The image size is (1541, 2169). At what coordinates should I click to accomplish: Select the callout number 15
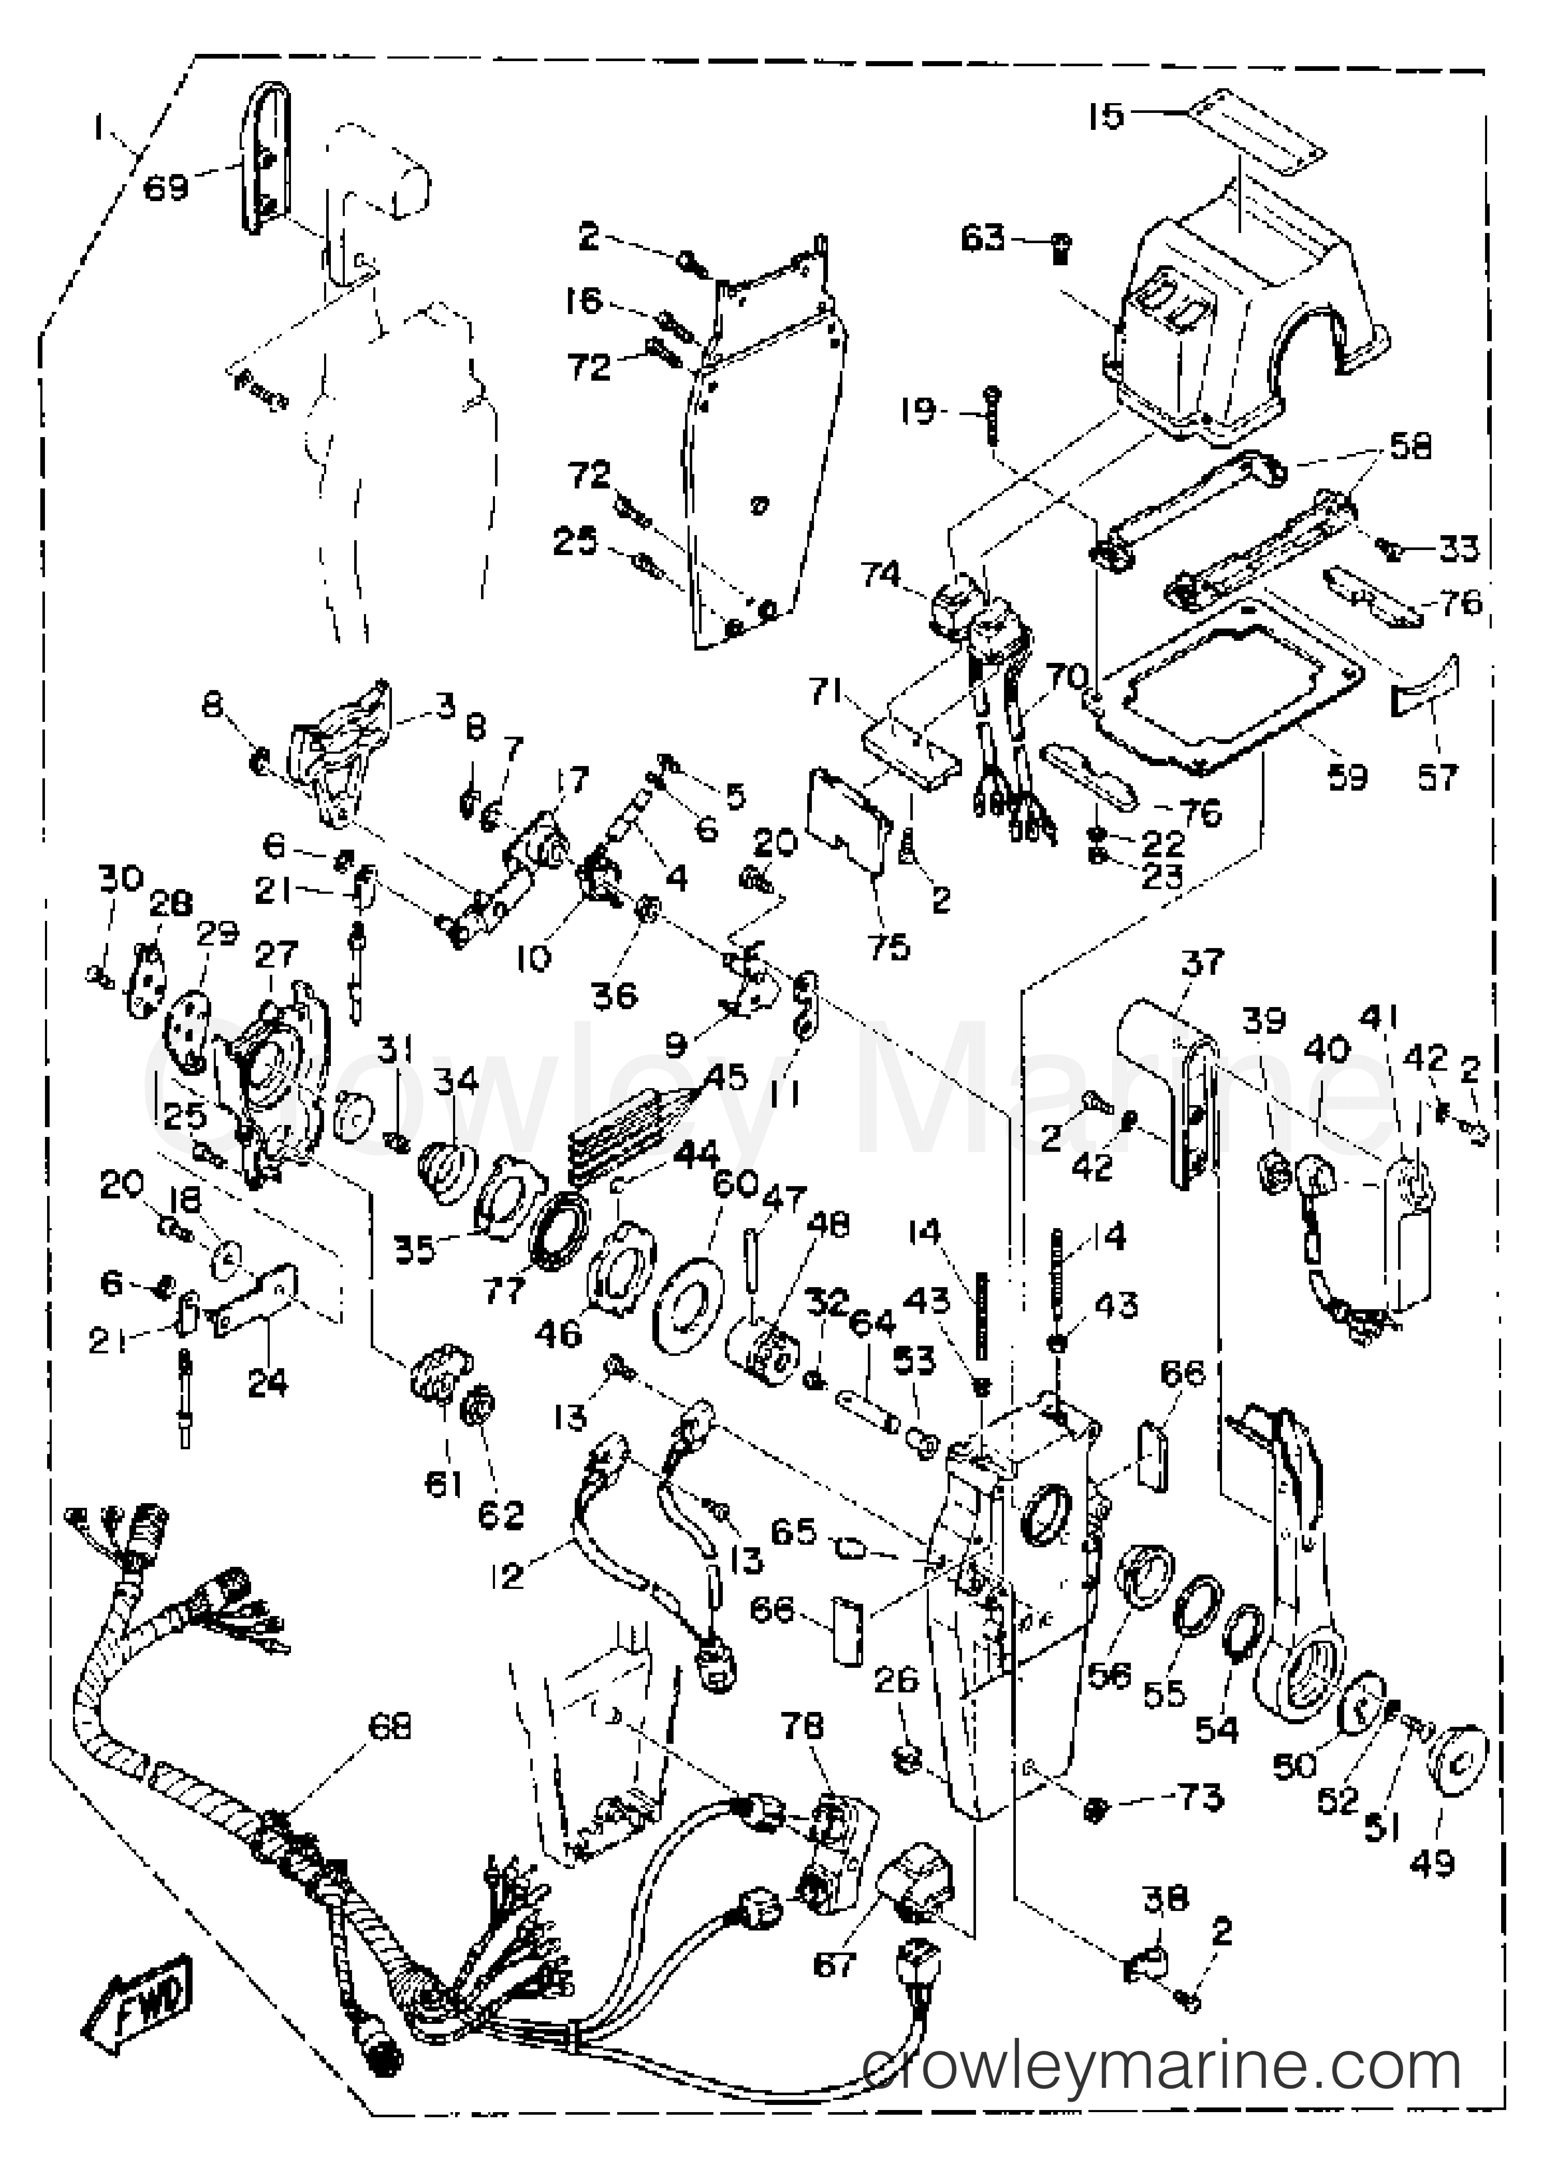point(1105,117)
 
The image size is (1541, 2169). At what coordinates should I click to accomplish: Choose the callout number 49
point(1433,1863)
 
